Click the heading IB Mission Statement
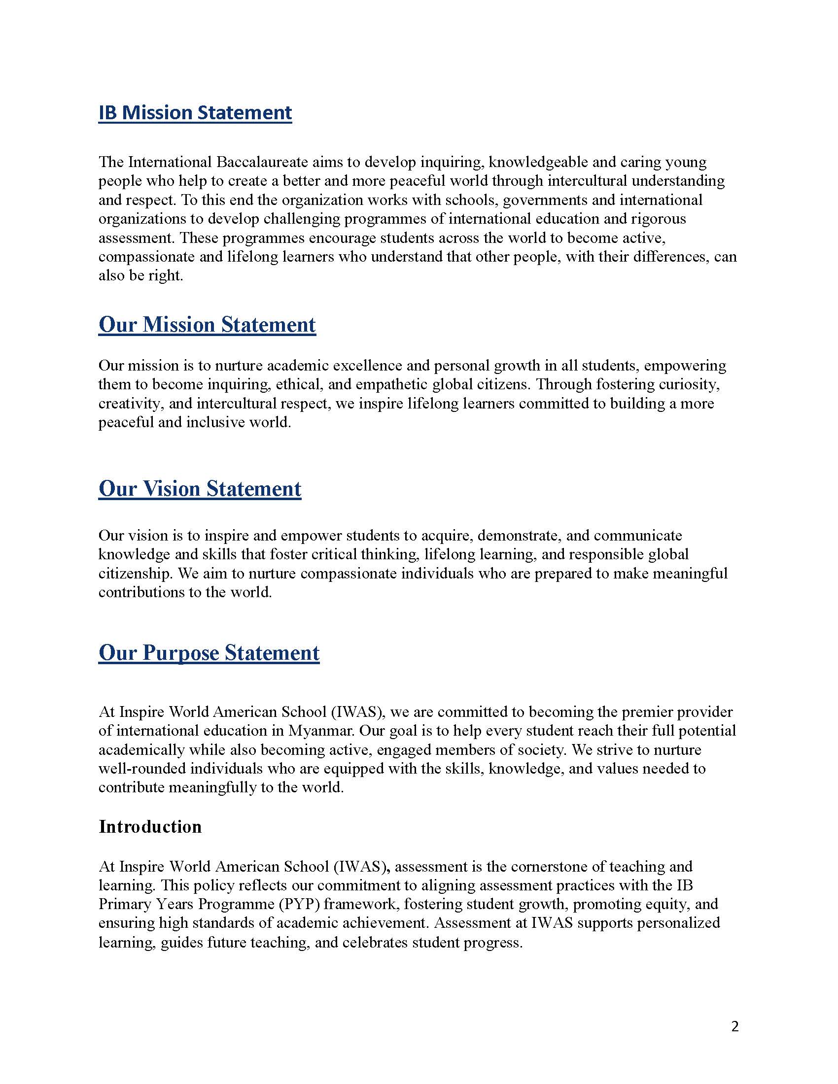coord(195,113)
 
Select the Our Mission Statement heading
coord(207,325)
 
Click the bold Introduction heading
coord(150,826)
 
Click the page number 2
coord(735,1026)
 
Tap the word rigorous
coord(658,219)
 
